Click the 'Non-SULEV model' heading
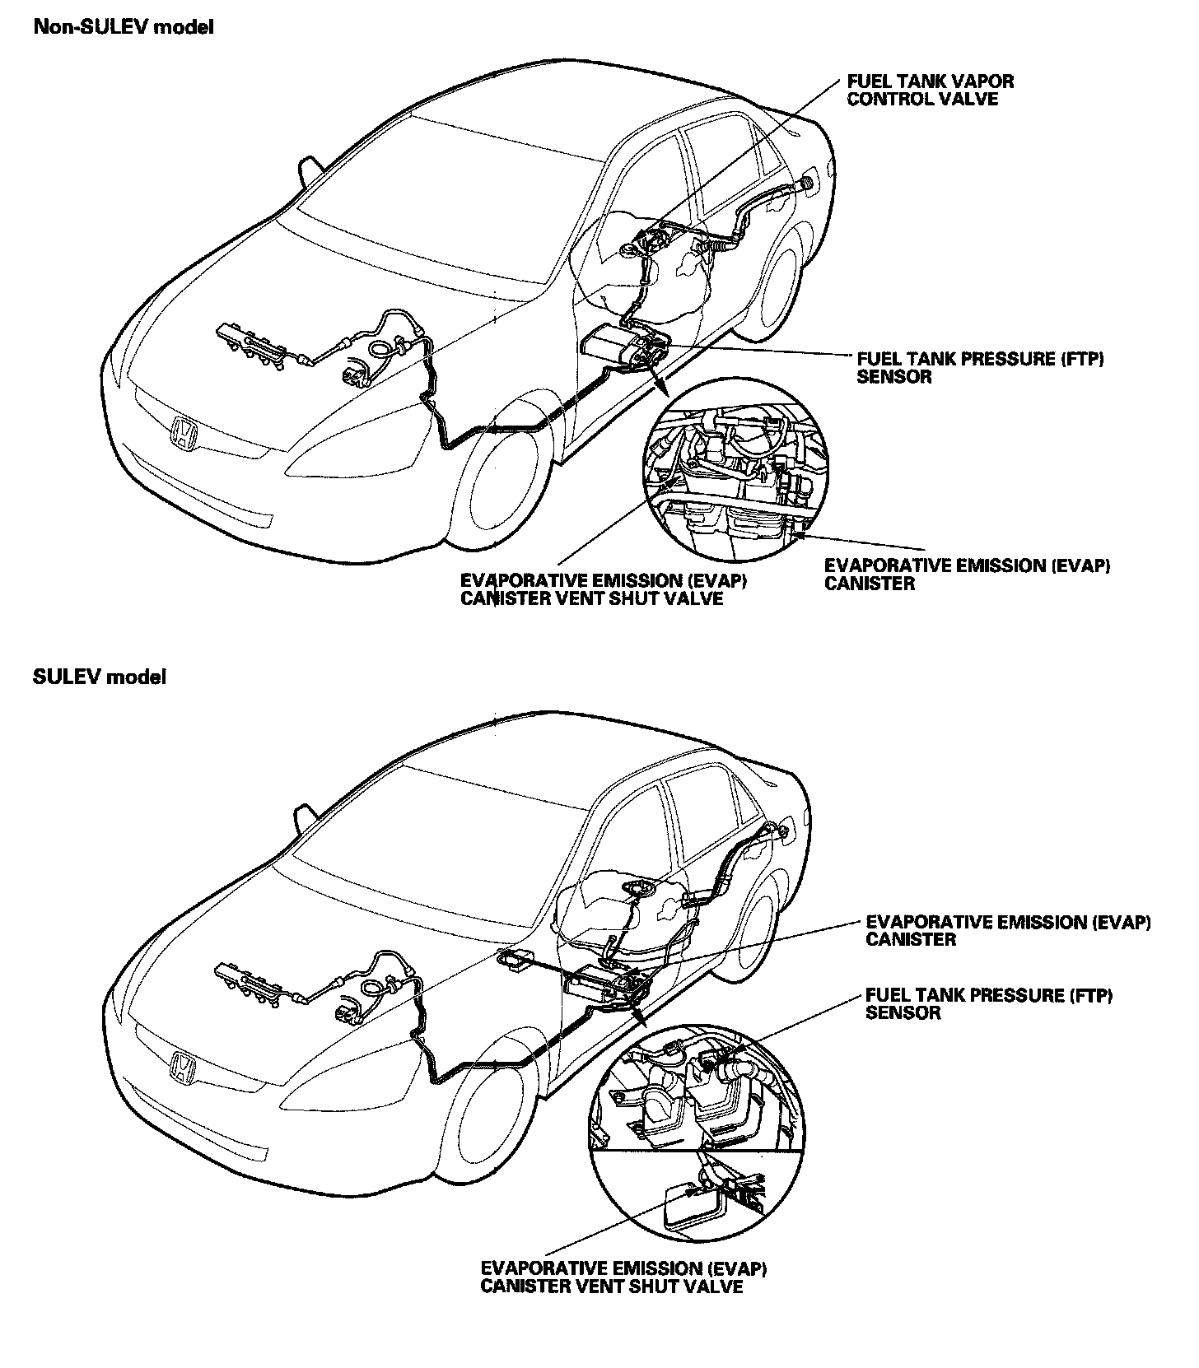pyautogui.click(x=123, y=27)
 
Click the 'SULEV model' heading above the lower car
pyautogui.click(x=99, y=677)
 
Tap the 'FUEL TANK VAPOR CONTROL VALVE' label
pyautogui.click(x=930, y=91)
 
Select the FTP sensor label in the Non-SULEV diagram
pyautogui.click(x=979, y=368)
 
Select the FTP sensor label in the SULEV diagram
pyautogui.click(x=988, y=1003)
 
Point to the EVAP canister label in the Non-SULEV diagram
pyautogui.click(x=967, y=575)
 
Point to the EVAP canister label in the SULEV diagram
pyautogui.click(x=1007, y=930)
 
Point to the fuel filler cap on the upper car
pyautogui.click(x=808, y=183)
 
